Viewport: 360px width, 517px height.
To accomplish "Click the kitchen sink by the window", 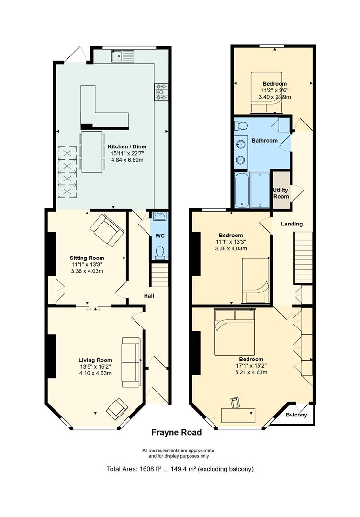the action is coord(122,56).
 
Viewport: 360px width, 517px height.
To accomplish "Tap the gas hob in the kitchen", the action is coord(161,91).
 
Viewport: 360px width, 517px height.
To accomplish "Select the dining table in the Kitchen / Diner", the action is coord(92,152).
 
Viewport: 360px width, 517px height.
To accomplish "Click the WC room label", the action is coord(160,236).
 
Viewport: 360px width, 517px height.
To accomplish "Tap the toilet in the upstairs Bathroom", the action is coord(241,125).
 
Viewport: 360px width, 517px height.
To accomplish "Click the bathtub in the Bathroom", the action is coord(242,190).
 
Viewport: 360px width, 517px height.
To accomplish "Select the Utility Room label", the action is coord(281,193).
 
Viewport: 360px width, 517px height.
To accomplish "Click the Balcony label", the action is coord(296,415).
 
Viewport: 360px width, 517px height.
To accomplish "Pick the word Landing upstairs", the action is coord(292,224).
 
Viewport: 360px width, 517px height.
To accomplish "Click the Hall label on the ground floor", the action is coord(149,296).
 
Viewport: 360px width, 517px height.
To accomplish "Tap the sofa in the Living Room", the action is coord(131,362).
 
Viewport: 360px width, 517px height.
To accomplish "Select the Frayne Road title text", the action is coord(176,433).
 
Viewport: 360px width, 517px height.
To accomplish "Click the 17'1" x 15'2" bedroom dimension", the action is coord(251,366).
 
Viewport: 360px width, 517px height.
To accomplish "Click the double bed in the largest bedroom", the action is coord(235,332).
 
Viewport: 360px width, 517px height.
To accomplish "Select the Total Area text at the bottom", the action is coord(180,469).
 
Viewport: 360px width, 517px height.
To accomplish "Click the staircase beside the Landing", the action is coord(303,258).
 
